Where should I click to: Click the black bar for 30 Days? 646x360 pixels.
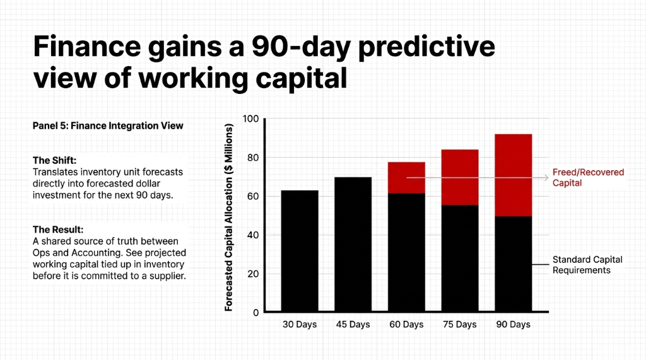300,251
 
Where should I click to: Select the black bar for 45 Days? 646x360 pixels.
353,245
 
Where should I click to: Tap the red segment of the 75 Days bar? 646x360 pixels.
459,177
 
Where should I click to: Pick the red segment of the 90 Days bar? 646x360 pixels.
513,175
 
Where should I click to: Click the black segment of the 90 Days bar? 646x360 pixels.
513,264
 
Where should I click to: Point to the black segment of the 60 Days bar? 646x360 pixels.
406,252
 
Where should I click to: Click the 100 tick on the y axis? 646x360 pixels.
251,119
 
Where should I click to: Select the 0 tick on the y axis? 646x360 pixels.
255,313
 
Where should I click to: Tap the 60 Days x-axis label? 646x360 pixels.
406,325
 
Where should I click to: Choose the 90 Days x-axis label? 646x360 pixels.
513,325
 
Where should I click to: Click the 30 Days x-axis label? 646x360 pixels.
300,325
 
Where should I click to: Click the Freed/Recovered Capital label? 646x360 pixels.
588,178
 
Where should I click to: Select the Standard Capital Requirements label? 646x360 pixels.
587,265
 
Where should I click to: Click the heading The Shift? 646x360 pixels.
55,160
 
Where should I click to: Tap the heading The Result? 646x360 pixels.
57,230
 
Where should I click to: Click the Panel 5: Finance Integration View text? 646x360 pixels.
108,126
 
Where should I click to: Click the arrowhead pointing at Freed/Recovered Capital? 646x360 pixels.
546,178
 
